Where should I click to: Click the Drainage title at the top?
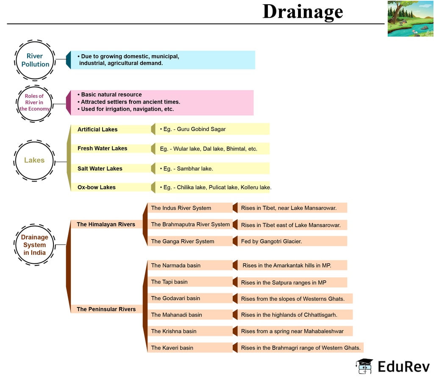tap(302, 11)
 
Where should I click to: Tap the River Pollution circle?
tap(35, 60)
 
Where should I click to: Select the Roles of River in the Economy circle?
tap(34, 102)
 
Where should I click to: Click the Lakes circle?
tap(34, 160)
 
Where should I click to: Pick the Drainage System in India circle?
tap(34, 245)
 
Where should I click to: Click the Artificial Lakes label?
tap(97, 129)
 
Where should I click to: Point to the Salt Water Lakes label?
tap(100, 168)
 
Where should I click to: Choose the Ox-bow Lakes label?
tap(96, 187)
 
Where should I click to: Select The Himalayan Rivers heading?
tap(106, 224)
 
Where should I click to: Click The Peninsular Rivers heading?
tap(106, 309)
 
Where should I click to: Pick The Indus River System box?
tap(181, 208)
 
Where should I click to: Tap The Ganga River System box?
tap(183, 241)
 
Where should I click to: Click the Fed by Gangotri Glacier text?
tap(271, 241)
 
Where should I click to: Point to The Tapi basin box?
tap(169, 282)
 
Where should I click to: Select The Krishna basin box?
tap(174, 331)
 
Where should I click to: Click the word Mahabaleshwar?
tap(323, 331)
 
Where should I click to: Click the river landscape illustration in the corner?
tap(410, 19)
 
